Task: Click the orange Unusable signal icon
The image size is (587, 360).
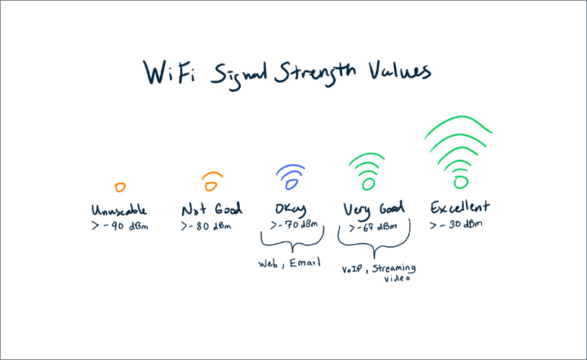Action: pos(120,187)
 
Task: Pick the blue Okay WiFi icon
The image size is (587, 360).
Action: pos(290,176)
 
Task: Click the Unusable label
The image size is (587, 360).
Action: pos(120,210)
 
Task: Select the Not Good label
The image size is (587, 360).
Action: pos(212,210)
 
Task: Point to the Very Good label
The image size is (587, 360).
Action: pos(372,210)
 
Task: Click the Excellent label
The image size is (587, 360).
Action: pos(459,207)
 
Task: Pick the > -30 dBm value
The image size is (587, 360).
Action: pos(456,224)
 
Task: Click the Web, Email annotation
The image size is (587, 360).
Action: pos(288,264)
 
